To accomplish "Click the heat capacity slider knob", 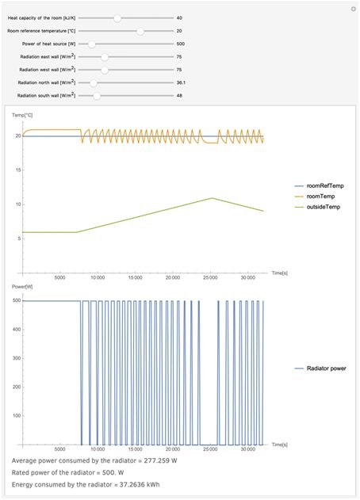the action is pyautogui.click(x=117, y=18).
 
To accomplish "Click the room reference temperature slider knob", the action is pyautogui.click(x=140, y=31).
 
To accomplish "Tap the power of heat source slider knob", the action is pyautogui.click(x=92, y=44).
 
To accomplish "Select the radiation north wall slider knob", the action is pyautogui.click(x=94, y=83).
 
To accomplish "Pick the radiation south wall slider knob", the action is pyautogui.click(x=97, y=96).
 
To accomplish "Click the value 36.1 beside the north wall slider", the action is pyautogui.click(x=181, y=82).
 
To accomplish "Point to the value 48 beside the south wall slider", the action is pyautogui.click(x=179, y=96).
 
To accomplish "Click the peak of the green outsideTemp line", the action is pyautogui.click(x=212, y=198).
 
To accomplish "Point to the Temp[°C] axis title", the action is pyautogui.click(x=22, y=115).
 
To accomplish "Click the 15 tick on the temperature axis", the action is pyautogui.click(x=18, y=170).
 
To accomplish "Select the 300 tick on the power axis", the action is pyautogui.click(x=17, y=358).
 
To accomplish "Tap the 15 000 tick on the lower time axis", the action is pyautogui.click(x=136, y=449).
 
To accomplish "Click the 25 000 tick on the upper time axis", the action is pyautogui.click(x=211, y=278).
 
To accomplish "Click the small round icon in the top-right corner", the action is pyautogui.click(x=354, y=9).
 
